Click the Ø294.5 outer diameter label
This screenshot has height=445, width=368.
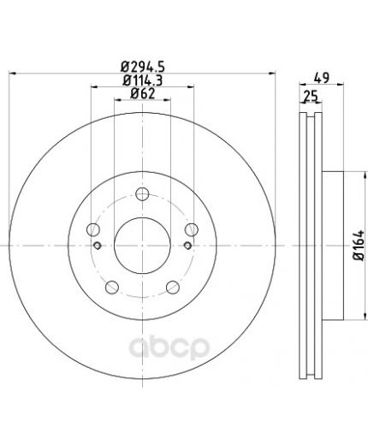coord(143,68)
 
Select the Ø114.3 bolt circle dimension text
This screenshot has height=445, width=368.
coord(143,80)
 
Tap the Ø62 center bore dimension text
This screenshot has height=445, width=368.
coord(143,93)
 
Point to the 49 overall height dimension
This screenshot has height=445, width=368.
coord(322,78)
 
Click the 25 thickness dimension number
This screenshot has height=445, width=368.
coord(311,96)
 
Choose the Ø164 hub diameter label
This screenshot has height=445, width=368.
coord(359,245)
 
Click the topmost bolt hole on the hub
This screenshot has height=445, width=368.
coord(142,194)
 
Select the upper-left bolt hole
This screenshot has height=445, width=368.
coord(93,229)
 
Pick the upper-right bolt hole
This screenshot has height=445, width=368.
coord(192,229)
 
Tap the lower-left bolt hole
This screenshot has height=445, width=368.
coord(112,288)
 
